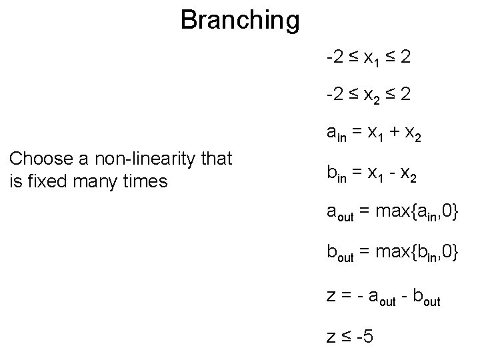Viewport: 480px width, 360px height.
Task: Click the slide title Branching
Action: tap(240, 20)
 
